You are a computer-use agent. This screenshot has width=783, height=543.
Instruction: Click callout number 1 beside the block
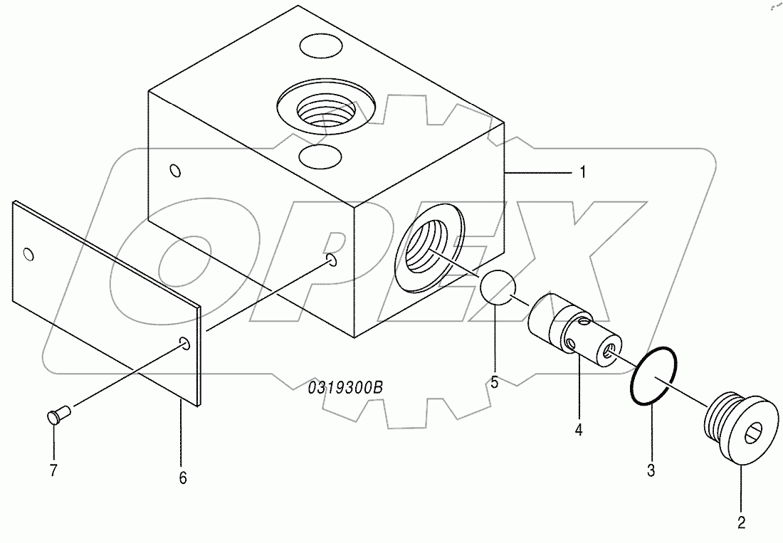tap(582, 172)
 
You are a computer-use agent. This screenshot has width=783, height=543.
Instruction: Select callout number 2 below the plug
tap(741, 523)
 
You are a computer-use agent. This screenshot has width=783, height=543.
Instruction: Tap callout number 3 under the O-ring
tap(651, 470)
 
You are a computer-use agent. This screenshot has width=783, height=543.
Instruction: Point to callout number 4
tap(579, 429)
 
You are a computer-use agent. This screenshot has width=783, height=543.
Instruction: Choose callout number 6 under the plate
tap(182, 478)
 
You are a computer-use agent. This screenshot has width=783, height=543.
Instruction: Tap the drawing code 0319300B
tap(346, 388)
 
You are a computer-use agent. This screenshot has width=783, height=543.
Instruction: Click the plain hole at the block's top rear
tap(320, 47)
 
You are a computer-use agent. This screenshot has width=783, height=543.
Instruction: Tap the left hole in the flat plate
tap(28, 254)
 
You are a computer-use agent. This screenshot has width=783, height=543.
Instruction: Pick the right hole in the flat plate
tap(185, 344)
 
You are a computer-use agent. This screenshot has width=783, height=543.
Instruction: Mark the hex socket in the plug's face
tap(760, 430)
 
